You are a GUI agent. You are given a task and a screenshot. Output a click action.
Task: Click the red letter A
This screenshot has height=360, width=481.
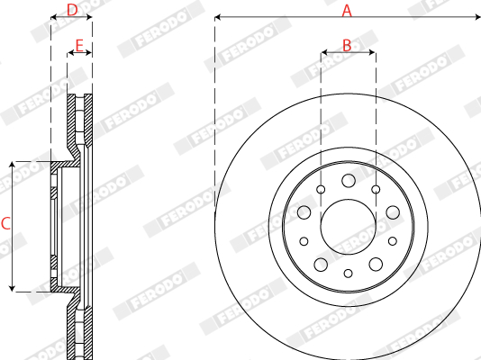pos(347,10)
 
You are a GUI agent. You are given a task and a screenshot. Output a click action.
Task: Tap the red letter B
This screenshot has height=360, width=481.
pos(347,44)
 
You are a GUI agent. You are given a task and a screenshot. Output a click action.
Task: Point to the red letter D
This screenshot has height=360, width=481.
pos(72,10)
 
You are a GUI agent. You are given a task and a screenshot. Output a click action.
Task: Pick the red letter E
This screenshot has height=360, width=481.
pos(79,44)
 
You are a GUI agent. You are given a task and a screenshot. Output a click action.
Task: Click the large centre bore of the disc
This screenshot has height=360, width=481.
pos(348,223)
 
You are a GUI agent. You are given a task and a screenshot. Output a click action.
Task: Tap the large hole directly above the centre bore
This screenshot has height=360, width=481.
pos(348,181)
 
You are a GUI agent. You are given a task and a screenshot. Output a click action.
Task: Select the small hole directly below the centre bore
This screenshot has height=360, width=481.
pos(348,272)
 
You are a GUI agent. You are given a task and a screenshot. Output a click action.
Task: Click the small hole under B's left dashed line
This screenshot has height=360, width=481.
pos(321,189)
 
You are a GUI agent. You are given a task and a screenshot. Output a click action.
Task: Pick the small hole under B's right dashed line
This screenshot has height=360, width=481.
pos(375,189)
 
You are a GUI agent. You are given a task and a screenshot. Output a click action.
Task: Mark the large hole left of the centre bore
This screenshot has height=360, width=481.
pos(304,212)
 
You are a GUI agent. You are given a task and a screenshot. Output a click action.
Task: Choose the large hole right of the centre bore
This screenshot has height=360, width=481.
pos(392,212)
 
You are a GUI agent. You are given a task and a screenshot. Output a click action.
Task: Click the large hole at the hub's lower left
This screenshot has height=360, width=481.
pos(321,264)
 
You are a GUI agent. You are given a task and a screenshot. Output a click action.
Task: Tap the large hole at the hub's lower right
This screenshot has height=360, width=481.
pos(375,264)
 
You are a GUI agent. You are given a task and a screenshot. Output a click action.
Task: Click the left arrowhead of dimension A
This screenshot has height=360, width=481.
pos(218,16)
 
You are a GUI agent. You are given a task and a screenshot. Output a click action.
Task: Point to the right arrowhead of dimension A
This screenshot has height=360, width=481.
pos(476,16)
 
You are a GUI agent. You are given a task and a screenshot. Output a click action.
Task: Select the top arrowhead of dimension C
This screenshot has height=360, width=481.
pos(13,165)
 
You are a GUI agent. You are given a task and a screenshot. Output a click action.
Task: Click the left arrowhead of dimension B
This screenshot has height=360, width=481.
pos(323,53)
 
